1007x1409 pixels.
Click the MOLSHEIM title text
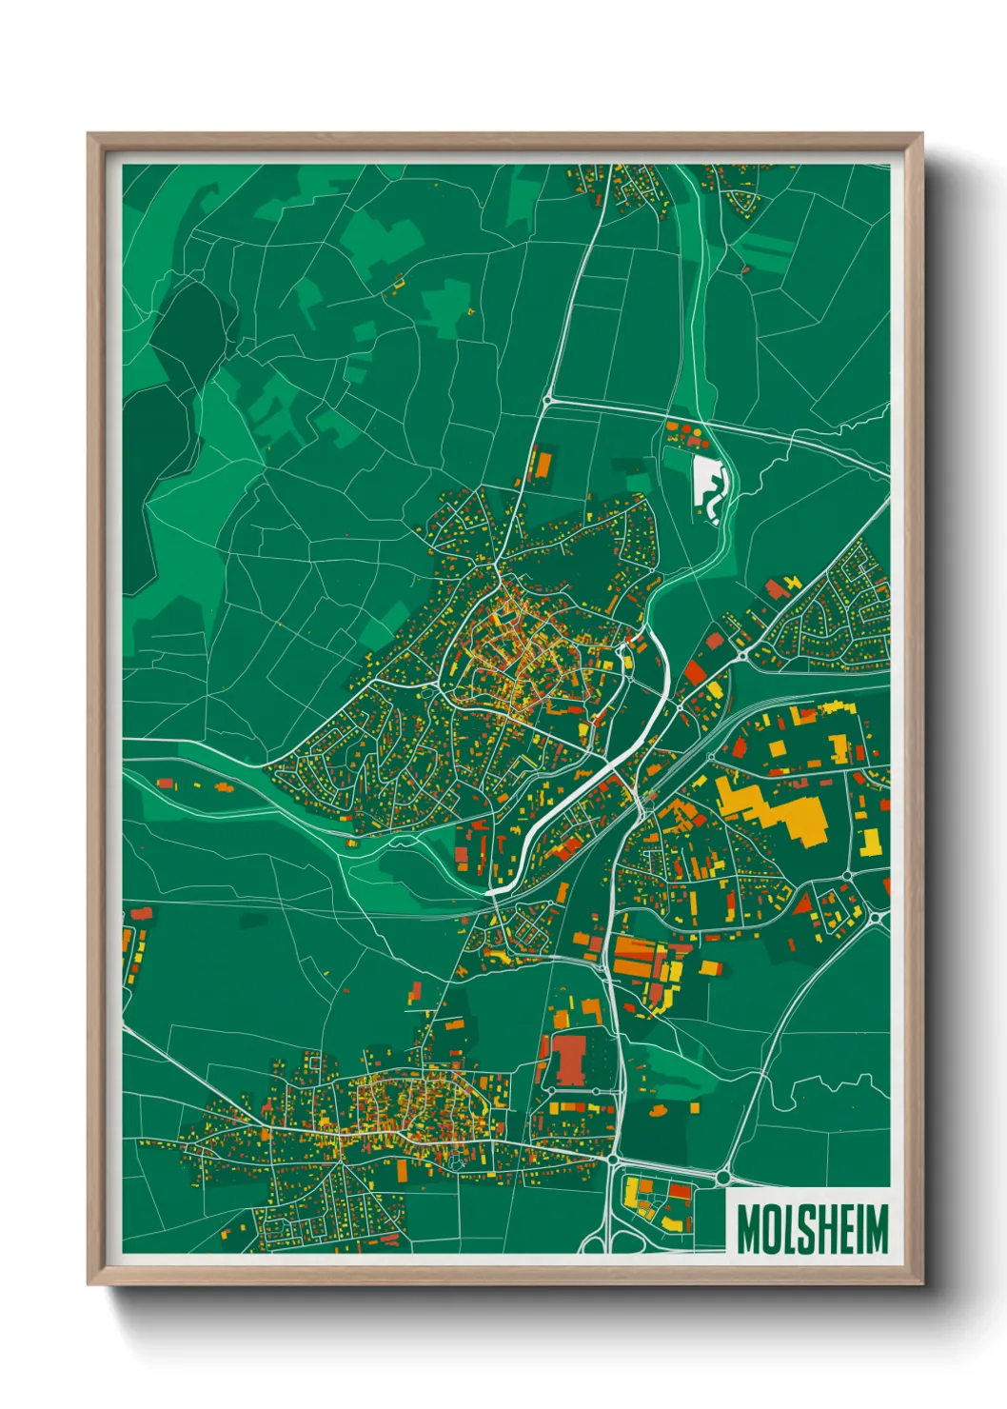click(x=811, y=1228)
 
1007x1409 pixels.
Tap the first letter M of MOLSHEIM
click(x=747, y=1228)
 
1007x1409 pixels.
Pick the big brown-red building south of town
click(x=569, y=1060)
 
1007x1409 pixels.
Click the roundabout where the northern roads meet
click(x=547, y=402)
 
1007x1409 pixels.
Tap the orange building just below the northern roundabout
click(x=541, y=464)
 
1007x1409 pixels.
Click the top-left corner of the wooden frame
click(x=90, y=136)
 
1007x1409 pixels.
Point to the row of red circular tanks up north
click(x=687, y=435)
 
